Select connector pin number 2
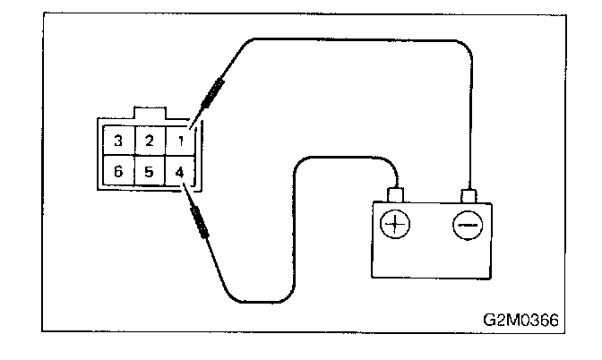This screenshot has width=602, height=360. pyautogui.click(x=150, y=141)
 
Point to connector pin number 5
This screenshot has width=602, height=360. pyautogui.click(x=150, y=172)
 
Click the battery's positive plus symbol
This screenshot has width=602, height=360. pyautogui.click(x=394, y=225)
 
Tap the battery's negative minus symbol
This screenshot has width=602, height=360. pyautogui.click(x=466, y=225)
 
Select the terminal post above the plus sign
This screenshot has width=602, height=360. pyautogui.click(x=395, y=194)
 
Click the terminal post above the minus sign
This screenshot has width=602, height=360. pyautogui.click(x=467, y=194)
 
